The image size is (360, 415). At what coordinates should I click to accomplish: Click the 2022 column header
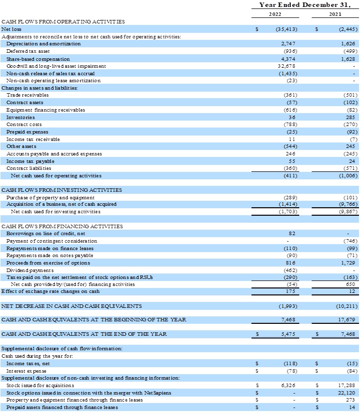pos(275,14)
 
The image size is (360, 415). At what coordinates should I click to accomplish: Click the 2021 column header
pos(335,14)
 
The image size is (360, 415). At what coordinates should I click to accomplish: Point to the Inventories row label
pos(20,117)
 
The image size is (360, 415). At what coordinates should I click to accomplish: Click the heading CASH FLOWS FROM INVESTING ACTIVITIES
pos(61,190)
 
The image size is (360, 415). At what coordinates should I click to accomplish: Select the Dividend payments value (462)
pos(290,270)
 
